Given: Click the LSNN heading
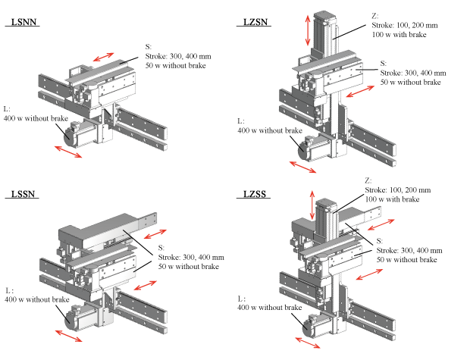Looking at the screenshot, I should (24, 22).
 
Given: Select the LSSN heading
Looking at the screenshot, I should (24, 194).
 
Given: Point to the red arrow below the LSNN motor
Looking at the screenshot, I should (69, 152).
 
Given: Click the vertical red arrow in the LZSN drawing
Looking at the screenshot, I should (307, 29).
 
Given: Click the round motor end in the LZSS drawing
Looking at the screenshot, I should (311, 327).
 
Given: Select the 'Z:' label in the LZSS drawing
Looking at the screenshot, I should (369, 180).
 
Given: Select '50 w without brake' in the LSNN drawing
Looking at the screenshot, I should (180, 65).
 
